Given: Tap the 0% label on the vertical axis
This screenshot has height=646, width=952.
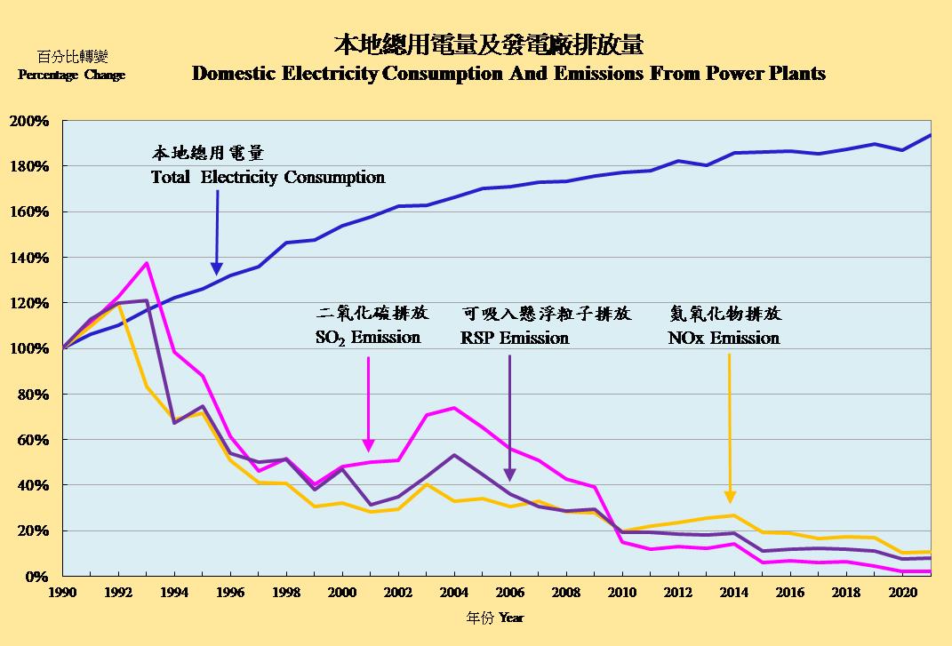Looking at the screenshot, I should click(x=37, y=576).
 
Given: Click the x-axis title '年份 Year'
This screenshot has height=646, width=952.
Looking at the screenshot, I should click(x=497, y=616).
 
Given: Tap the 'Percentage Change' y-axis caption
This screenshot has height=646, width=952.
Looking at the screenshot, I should click(x=71, y=76).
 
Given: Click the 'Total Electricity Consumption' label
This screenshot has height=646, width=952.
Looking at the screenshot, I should click(x=268, y=177).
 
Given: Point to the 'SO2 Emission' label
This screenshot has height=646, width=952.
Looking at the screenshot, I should click(x=368, y=338).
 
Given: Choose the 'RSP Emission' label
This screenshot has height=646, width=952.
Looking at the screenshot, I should click(x=515, y=338).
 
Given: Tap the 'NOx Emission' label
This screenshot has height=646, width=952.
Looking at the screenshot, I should click(x=724, y=338).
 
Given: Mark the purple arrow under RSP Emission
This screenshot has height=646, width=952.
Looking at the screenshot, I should click(x=510, y=418).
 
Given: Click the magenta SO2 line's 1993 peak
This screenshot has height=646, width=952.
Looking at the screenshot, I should click(x=147, y=263).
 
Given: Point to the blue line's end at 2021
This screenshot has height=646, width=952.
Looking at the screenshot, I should click(x=930, y=135).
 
